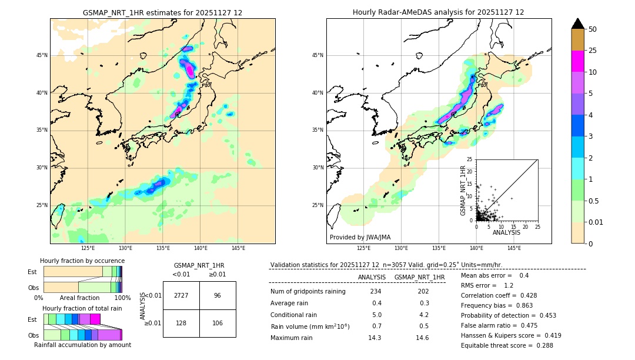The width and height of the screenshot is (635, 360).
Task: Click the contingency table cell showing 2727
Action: coord(181,295)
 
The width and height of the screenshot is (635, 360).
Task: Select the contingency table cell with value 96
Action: coord(218,295)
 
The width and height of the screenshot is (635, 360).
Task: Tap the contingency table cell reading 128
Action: coord(181,323)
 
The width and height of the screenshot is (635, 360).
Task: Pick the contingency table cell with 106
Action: coord(218,323)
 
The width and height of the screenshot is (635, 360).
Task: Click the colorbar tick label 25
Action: coord(593,51)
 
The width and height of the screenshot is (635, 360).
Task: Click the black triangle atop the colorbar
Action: coord(578,24)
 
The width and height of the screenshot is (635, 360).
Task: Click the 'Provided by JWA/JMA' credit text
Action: coord(360,238)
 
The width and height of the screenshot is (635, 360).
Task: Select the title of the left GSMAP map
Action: coord(162,12)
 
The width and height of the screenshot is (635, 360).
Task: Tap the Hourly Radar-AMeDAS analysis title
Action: coord(439,12)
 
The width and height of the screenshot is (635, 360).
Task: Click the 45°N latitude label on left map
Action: coord(42,55)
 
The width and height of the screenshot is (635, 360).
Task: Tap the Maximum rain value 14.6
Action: coord(422,338)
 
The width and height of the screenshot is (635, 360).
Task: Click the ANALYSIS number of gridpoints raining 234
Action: coord(375,292)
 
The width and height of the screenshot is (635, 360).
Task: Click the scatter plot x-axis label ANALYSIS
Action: coord(506,232)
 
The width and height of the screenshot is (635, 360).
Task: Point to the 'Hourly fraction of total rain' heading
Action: coord(82,308)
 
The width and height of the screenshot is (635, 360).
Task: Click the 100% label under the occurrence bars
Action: coord(122,298)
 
